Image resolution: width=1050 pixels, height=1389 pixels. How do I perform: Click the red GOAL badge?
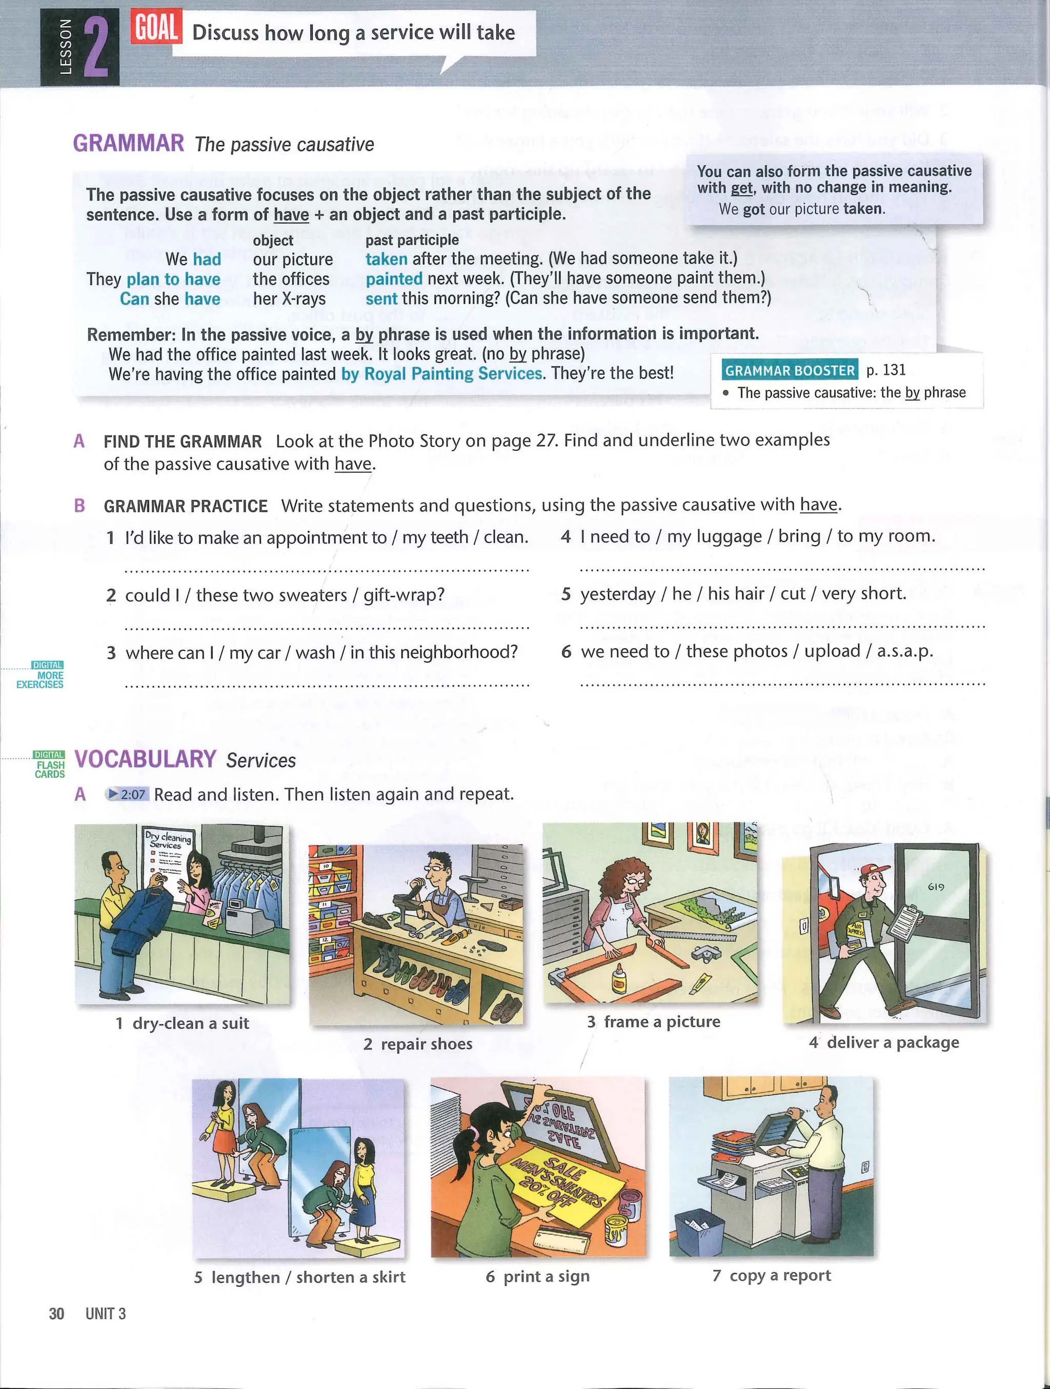156,28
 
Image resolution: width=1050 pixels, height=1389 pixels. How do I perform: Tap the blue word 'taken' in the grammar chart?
386,259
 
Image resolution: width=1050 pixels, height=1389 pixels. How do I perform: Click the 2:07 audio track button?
127,794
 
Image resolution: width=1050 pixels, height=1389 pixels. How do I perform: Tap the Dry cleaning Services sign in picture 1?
167,840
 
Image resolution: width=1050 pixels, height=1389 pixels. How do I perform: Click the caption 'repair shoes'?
426,1044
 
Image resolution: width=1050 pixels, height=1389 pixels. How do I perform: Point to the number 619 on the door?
936,887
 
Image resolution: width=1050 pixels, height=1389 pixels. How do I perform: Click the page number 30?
56,1314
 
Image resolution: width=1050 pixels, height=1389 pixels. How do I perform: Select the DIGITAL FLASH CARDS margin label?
50,764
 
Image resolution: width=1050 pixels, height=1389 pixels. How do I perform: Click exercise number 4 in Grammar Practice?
566,537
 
